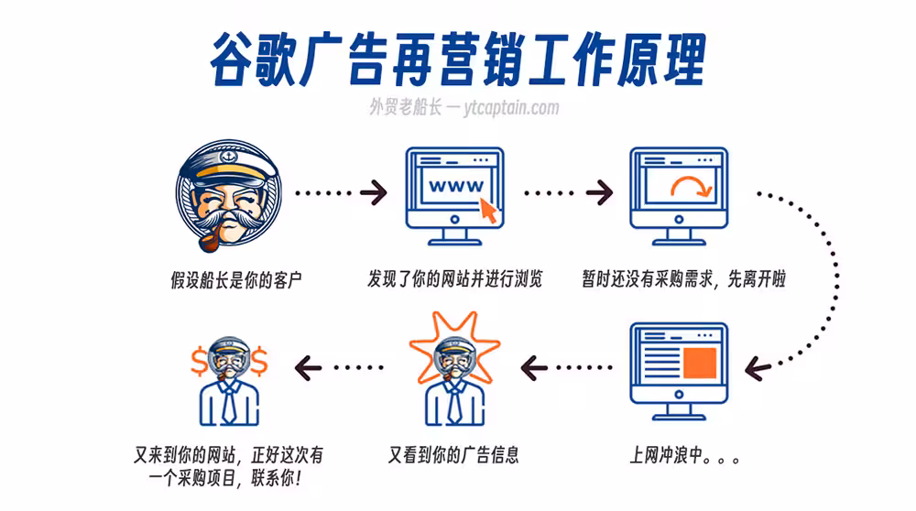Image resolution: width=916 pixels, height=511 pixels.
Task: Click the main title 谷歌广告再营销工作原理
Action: pyautogui.click(x=458, y=59)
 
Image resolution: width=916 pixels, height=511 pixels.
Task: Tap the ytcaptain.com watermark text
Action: pyautogui.click(x=512, y=107)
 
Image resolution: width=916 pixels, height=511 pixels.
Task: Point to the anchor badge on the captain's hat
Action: pyautogui.click(x=228, y=158)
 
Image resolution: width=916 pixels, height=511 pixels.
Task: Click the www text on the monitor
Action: pyautogui.click(x=456, y=186)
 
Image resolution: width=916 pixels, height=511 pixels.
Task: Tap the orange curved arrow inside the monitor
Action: pyautogui.click(x=692, y=186)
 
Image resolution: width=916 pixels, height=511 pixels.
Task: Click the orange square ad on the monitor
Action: pyautogui.click(x=699, y=362)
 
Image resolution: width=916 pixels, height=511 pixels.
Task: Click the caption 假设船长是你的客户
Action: pyautogui.click(x=236, y=280)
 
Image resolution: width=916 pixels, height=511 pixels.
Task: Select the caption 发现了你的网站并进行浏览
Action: pyautogui.click(x=454, y=279)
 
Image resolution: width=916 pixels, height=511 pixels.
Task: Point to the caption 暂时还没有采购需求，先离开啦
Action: pyautogui.click(x=683, y=279)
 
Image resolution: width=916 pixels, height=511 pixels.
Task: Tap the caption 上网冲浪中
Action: pyautogui.click(x=684, y=455)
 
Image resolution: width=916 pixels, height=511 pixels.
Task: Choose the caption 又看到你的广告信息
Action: pyautogui.click(x=453, y=455)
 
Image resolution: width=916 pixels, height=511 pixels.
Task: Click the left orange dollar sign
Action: pyautogui.click(x=199, y=362)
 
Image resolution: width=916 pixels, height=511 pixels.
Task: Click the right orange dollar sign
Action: pyautogui.click(x=259, y=362)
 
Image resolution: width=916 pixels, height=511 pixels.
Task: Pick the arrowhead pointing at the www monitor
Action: pyautogui.click(x=375, y=192)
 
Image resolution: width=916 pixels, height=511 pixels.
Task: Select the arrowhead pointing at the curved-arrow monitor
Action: pyautogui.click(x=599, y=192)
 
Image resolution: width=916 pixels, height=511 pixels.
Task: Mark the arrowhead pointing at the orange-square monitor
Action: pyautogui.click(x=758, y=368)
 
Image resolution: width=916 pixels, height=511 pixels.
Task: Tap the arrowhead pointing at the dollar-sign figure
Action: pyautogui.click(x=308, y=368)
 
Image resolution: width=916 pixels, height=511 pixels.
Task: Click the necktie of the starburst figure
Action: pyautogui.click(x=454, y=403)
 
